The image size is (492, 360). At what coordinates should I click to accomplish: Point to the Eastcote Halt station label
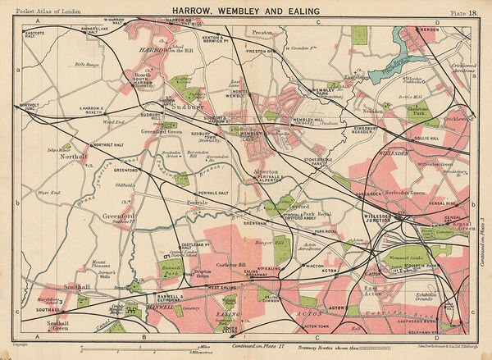click(x=35, y=35)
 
